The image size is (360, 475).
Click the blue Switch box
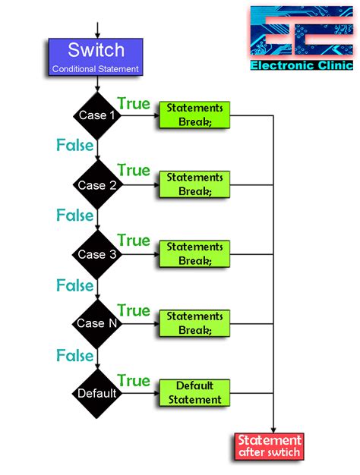point(96,57)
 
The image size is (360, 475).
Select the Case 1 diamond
point(97,115)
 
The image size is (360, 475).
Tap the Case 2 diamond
point(97,185)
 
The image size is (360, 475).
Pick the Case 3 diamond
point(97,254)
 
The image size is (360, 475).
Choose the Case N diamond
point(97,324)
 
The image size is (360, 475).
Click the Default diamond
point(97,393)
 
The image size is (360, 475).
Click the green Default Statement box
point(194,393)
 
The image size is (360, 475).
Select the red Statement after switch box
point(270,446)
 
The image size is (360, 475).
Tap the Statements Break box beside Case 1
point(194,115)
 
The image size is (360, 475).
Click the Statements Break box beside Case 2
point(194,184)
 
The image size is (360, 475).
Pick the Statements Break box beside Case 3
point(194,254)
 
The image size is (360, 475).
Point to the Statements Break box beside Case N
point(194,323)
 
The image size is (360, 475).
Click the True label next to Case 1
point(134,103)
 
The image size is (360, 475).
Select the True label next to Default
point(134,380)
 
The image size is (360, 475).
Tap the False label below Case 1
point(74,145)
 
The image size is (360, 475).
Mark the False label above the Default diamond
point(74,355)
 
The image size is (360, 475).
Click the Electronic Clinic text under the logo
point(302,65)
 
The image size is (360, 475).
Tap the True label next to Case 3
point(134,241)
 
